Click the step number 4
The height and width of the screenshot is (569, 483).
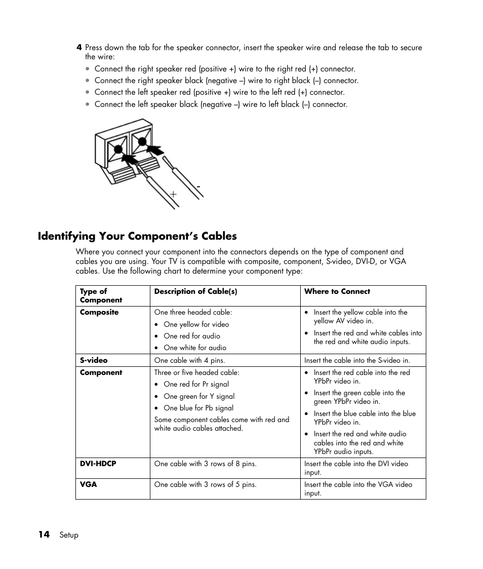click(x=79, y=48)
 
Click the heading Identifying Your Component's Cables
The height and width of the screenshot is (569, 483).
click(x=137, y=236)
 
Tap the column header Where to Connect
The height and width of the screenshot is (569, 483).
click(x=337, y=291)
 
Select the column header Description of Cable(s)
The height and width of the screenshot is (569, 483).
click(x=195, y=291)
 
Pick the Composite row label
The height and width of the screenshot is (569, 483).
click(x=99, y=312)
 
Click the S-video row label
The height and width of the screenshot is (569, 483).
click(x=94, y=360)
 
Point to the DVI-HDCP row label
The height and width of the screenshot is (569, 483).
click(x=98, y=464)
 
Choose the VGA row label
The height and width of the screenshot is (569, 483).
click(x=88, y=484)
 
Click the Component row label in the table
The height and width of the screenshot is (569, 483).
click(x=101, y=372)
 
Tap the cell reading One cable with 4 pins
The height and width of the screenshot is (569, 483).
click(x=189, y=360)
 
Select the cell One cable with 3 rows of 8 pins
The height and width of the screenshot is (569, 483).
click(x=205, y=464)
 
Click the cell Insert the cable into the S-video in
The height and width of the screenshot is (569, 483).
click(x=357, y=360)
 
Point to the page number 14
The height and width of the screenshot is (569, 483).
click(x=44, y=535)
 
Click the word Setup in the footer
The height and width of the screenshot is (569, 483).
click(x=69, y=535)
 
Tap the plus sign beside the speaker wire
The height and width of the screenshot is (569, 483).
click(x=173, y=194)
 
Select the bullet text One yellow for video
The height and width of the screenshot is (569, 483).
click(x=196, y=324)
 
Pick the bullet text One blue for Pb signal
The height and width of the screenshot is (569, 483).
click(x=198, y=408)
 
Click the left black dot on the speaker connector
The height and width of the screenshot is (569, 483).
click(x=118, y=149)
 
